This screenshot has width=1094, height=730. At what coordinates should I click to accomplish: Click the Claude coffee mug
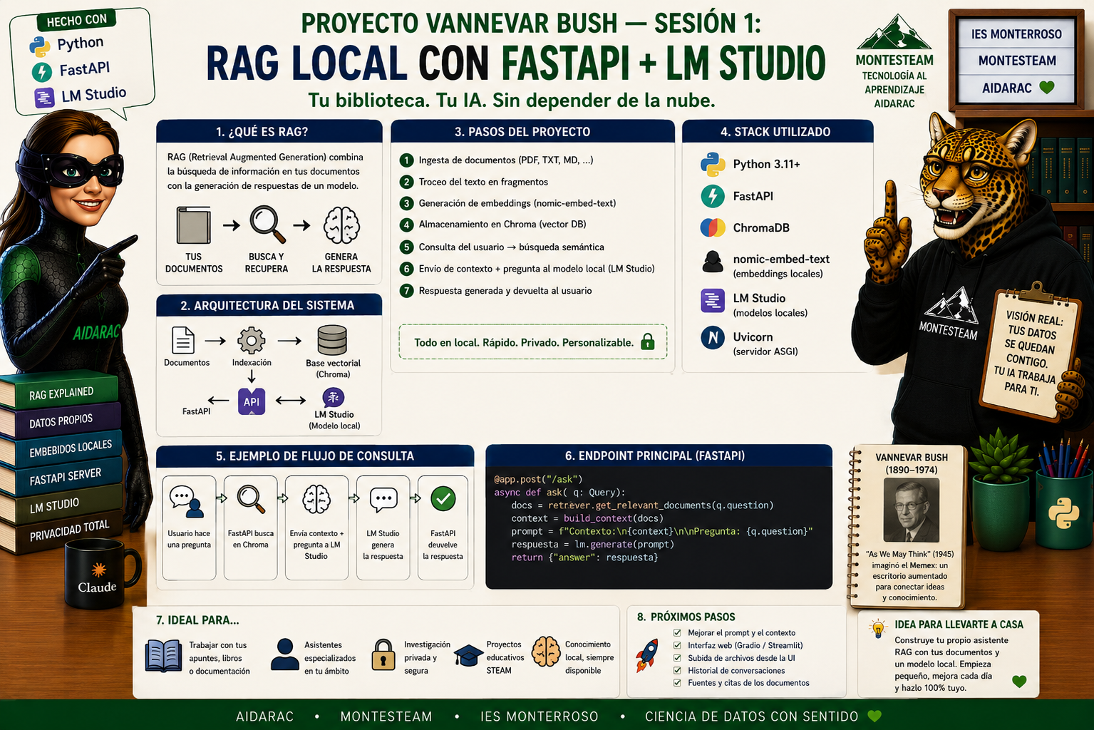point(100,574)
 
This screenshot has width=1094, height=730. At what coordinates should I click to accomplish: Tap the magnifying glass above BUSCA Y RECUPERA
point(267,225)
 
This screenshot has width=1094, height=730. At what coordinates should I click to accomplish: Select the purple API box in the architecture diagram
point(252,401)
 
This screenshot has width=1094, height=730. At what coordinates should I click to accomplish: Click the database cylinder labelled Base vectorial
point(332,340)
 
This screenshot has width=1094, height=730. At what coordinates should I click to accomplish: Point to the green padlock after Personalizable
point(648,341)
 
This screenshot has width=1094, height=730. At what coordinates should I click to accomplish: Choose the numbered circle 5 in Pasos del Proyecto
point(406,247)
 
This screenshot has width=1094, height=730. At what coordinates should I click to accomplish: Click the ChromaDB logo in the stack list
point(713,227)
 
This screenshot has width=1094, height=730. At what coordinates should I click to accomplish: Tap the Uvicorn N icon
point(713,337)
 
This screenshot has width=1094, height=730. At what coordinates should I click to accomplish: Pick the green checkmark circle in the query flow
point(443,498)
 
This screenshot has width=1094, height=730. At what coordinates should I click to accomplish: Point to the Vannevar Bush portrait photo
point(912,510)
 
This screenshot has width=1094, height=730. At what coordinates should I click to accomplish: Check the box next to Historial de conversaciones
point(677,670)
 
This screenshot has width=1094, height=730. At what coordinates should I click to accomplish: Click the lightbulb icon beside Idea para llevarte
point(878,628)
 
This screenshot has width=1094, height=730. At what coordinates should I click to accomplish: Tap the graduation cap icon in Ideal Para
point(468,655)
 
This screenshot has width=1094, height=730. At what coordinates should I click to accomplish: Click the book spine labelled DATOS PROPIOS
point(61,421)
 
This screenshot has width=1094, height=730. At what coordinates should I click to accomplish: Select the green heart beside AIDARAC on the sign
point(1047,88)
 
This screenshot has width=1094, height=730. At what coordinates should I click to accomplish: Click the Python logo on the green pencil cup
point(1063,513)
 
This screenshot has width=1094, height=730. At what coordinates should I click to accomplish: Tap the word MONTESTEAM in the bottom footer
point(386,716)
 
